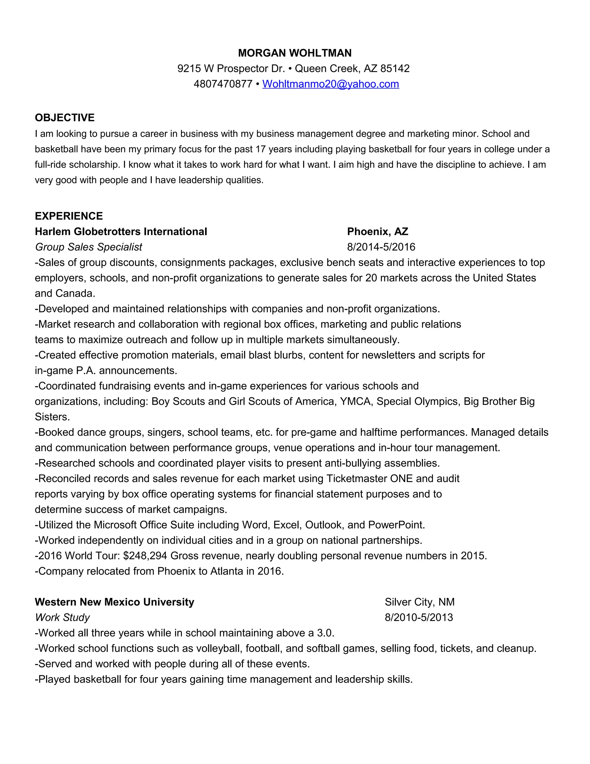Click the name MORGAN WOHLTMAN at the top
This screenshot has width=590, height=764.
coord(295,53)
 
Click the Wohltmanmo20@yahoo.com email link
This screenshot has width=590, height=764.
coord(330,84)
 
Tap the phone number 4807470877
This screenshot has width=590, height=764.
coord(223,84)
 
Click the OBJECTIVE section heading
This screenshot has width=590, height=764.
coord(65,118)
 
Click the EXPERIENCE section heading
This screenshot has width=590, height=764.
coord(69,216)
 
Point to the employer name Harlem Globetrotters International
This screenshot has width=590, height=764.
coord(121,232)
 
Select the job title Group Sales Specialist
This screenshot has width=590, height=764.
coord(88,247)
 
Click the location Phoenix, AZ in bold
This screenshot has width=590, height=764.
coord(377,232)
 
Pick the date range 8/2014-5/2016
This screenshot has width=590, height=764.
coord(381,247)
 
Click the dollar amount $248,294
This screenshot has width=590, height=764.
coord(145,556)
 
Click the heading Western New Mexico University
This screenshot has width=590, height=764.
coord(114,602)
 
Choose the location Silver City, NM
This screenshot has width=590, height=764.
coord(419,602)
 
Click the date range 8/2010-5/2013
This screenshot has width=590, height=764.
coord(419,618)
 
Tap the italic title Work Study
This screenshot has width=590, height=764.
coord(62,618)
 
